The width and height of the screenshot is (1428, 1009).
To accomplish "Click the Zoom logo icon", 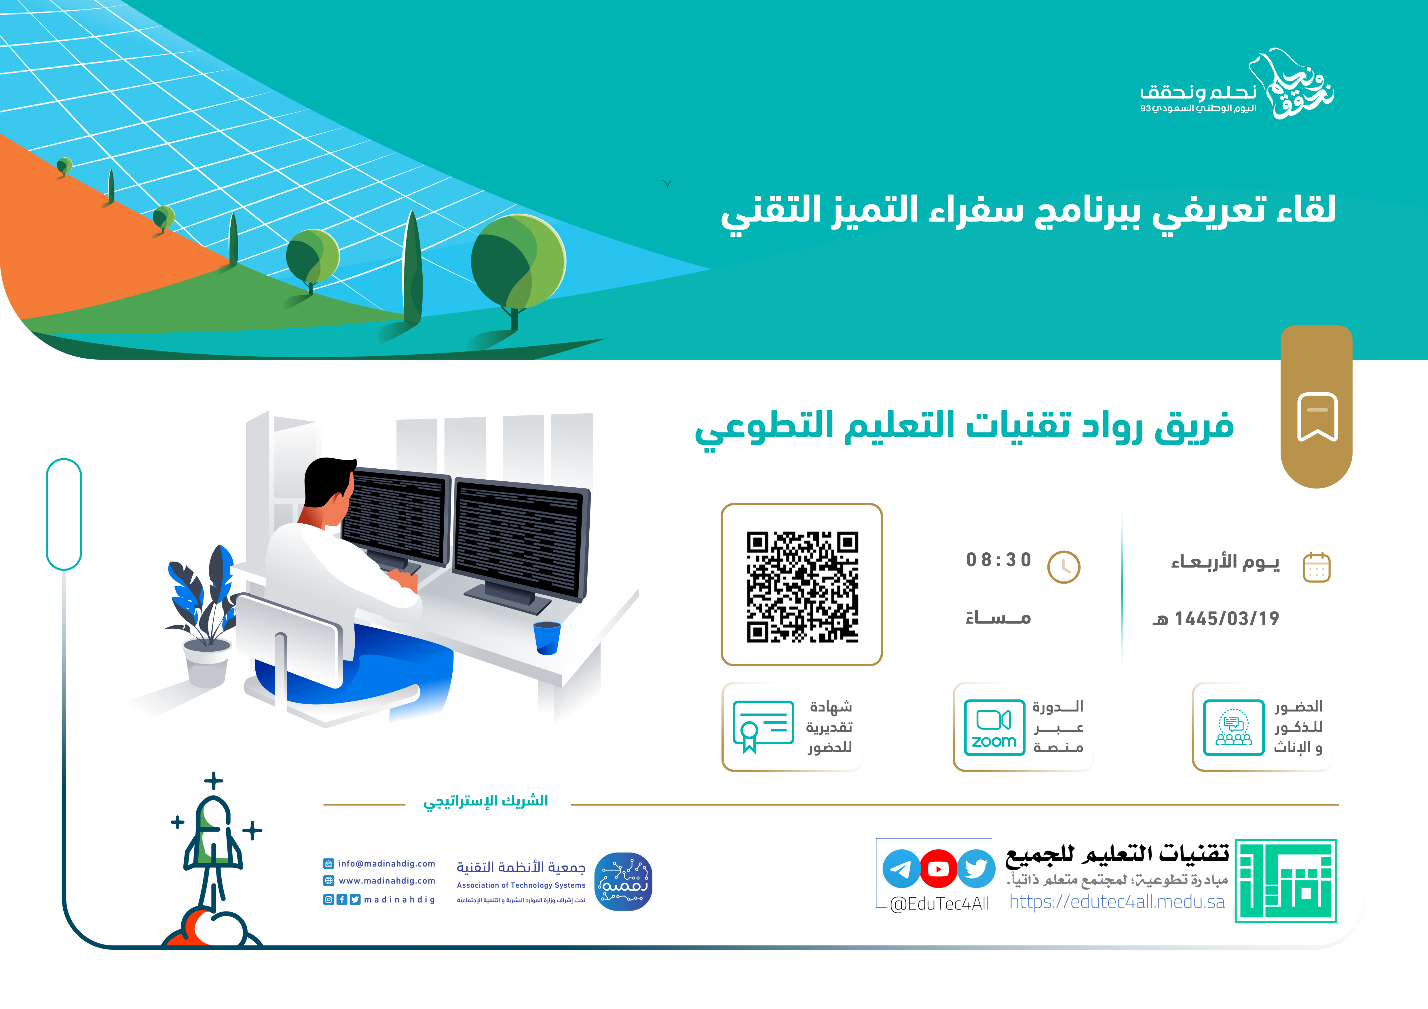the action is click(x=994, y=727).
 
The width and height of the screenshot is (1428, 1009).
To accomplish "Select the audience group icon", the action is click(x=1233, y=727).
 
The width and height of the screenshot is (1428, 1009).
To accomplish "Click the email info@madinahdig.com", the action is click(x=386, y=863).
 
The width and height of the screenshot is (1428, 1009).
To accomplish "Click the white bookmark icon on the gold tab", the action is click(x=1317, y=417).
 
